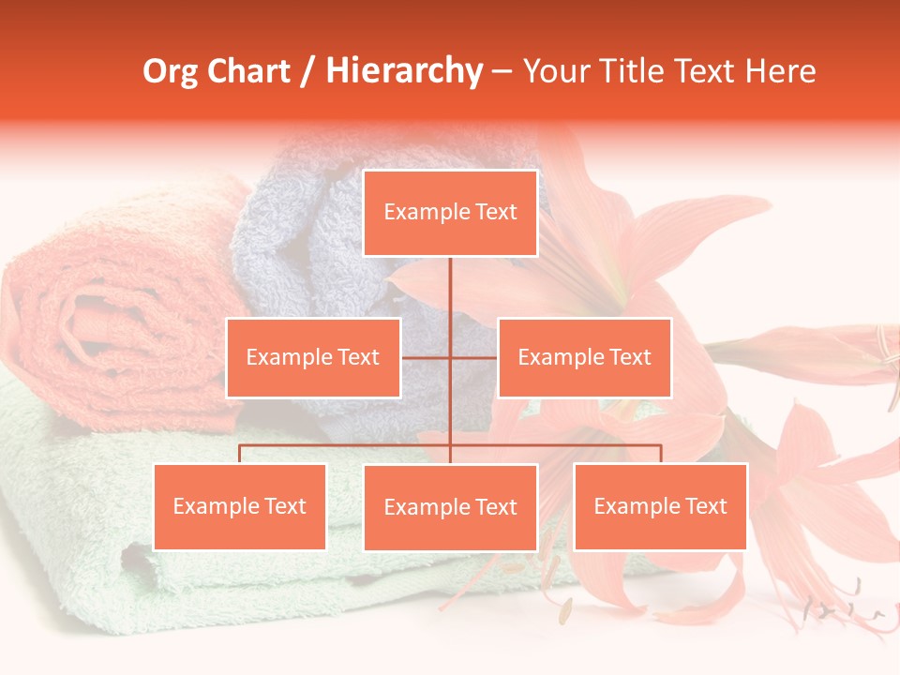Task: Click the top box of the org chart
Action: click(x=450, y=213)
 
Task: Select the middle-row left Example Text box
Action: click(x=313, y=357)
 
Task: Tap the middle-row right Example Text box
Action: click(x=584, y=357)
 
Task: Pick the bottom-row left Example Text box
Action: click(x=240, y=506)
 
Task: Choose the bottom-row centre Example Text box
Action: click(x=450, y=507)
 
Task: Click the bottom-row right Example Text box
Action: click(x=660, y=506)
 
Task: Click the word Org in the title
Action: click(x=168, y=71)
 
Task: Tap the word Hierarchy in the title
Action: click(x=403, y=71)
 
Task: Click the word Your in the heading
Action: click(x=555, y=71)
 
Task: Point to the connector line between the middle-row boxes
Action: click(x=450, y=357)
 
